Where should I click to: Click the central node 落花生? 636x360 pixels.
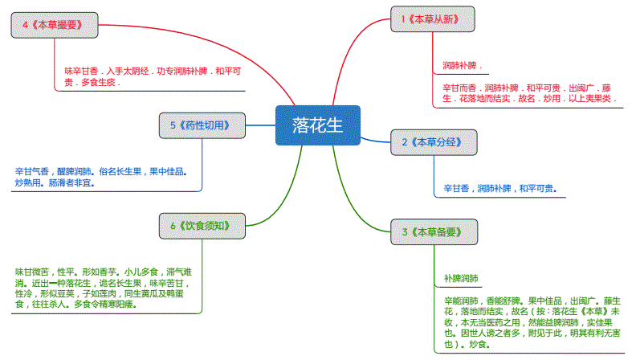pos(317,125)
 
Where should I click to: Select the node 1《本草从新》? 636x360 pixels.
pos(433,19)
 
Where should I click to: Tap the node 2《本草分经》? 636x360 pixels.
pos(433,142)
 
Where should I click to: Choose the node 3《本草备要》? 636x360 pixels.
pos(433,232)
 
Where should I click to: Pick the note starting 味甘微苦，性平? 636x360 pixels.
pos(104,288)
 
